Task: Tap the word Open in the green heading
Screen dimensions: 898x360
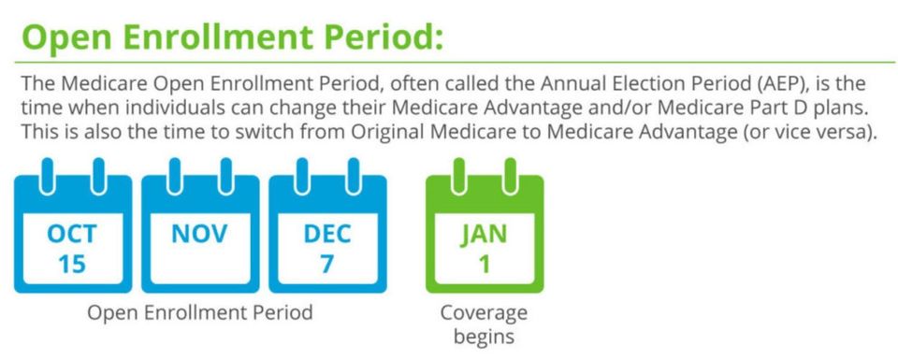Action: pos(64,38)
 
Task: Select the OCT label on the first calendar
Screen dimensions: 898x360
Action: pos(72,235)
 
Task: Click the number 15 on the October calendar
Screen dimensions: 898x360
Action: pos(72,265)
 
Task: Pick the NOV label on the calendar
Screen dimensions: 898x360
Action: pos(199,234)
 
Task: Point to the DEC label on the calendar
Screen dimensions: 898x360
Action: pos(327,235)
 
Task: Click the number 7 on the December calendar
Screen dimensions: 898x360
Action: pos(327,265)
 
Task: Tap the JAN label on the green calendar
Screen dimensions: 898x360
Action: pos(484,235)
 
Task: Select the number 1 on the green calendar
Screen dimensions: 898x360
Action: pos(484,265)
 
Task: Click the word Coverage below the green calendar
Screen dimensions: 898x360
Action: pos(484,313)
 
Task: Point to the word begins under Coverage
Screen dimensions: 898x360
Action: pos(484,336)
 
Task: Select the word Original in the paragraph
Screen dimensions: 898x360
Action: pos(388,132)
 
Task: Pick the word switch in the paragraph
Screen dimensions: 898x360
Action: pos(266,132)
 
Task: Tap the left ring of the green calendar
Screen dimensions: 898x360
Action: pos(458,177)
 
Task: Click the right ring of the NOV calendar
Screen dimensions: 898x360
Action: pos(225,177)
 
